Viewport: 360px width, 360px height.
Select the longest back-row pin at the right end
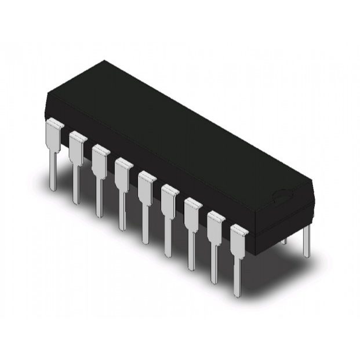point(307,241)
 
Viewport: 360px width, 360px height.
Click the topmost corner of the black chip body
point(104,60)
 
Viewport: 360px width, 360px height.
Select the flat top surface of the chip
point(174,133)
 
